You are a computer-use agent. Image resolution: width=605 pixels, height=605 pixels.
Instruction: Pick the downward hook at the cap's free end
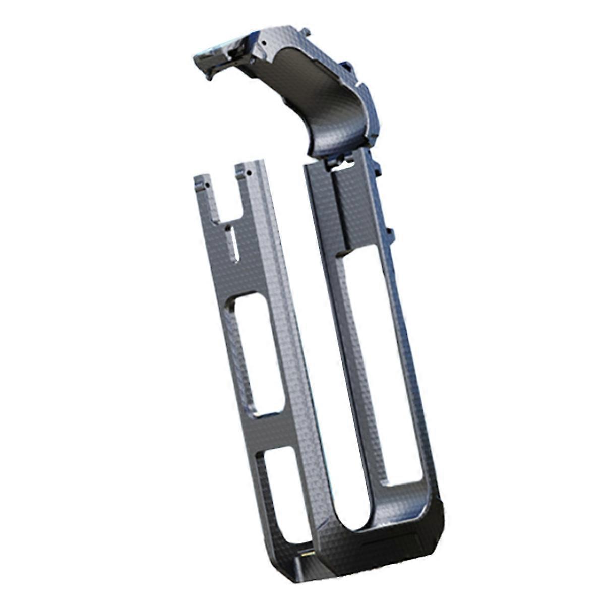pyautogui.click(x=208, y=75)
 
